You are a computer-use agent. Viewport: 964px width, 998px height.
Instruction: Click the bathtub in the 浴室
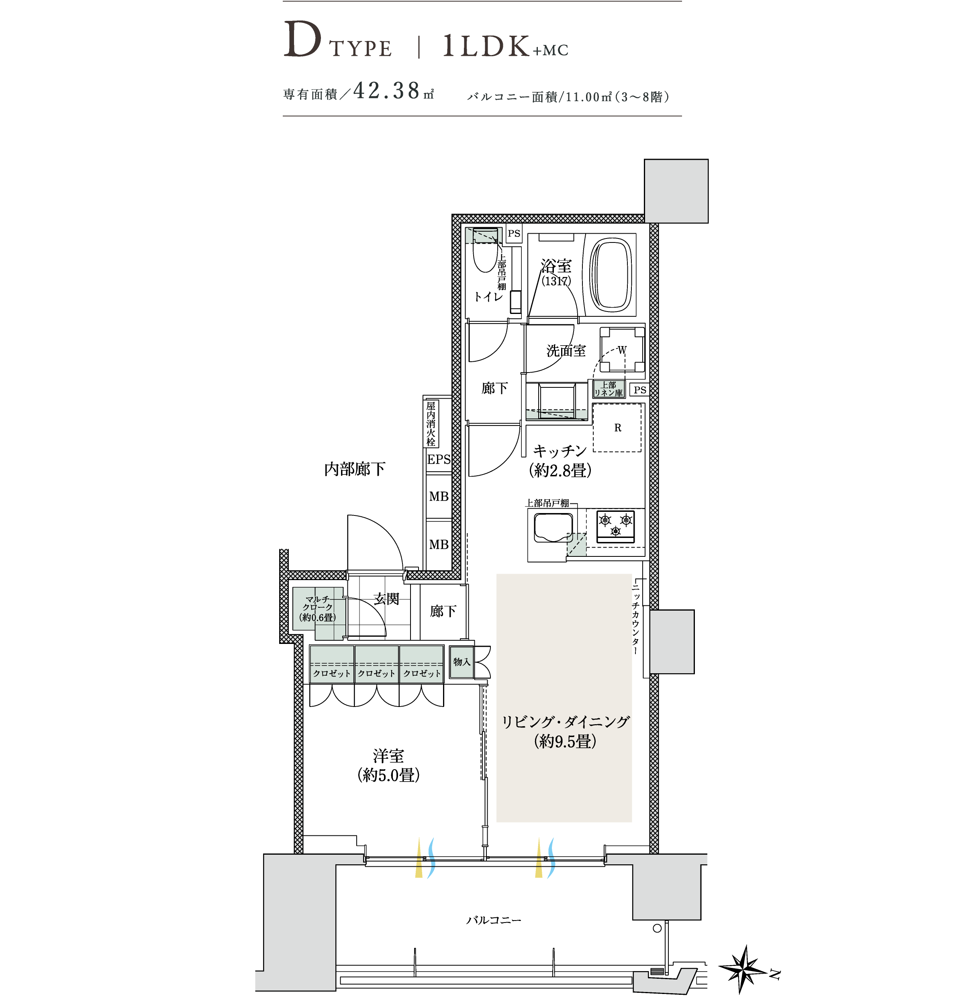(x=611, y=275)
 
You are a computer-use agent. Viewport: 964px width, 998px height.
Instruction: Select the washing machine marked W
(x=622, y=350)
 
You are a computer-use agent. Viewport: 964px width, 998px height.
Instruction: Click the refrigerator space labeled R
(x=617, y=427)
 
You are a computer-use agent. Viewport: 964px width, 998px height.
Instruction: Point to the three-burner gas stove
(x=615, y=526)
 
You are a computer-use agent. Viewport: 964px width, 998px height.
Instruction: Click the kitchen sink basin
(x=553, y=528)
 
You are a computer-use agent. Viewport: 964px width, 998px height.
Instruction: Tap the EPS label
(x=439, y=459)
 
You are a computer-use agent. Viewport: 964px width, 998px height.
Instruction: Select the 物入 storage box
(x=462, y=662)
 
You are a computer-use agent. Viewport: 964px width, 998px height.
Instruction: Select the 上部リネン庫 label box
(x=609, y=389)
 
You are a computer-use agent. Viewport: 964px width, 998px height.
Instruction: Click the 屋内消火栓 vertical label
(x=431, y=424)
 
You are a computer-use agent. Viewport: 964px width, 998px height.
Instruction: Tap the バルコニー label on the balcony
(x=494, y=920)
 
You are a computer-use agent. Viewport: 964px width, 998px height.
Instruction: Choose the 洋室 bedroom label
(x=388, y=756)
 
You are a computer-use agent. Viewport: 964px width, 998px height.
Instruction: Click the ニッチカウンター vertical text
(x=635, y=619)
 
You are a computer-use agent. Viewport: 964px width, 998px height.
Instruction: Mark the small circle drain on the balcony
(x=657, y=928)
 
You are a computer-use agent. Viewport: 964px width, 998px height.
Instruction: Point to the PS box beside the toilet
(x=514, y=234)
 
